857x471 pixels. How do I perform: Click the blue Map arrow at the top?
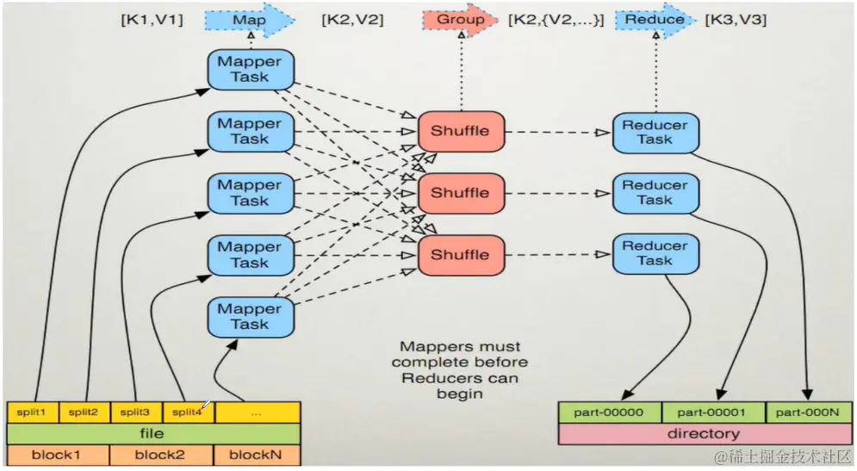coord(250,20)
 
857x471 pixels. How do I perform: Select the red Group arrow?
coord(460,20)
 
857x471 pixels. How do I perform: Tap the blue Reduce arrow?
coord(655,20)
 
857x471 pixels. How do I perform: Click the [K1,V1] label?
coord(152,20)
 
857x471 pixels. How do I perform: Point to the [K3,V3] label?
coord(736,20)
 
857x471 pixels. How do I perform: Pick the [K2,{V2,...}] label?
coord(556,20)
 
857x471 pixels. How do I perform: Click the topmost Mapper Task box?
coord(251,70)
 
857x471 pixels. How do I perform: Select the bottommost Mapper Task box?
coord(251,317)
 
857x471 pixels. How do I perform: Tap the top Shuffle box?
coord(461,131)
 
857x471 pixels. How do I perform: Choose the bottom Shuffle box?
coord(461,255)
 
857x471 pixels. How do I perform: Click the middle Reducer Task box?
coord(655,193)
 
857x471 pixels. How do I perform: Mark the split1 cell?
coord(33,412)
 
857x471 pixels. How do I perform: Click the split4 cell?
coord(188,412)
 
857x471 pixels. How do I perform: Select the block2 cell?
coord(161,456)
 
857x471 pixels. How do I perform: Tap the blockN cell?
coord(257,456)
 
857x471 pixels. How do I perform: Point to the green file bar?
coord(153,434)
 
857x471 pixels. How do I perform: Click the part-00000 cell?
coord(610,412)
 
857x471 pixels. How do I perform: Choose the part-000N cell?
coord(809,412)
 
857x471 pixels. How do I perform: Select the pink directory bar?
coord(705,434)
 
